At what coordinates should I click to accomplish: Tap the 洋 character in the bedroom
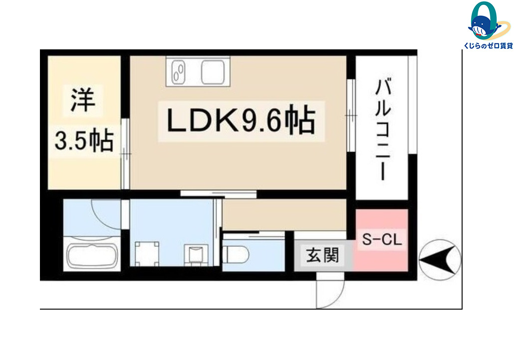(x=83, y=100)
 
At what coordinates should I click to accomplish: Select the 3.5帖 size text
(x=84, y=141)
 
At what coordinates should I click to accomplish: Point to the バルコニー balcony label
(x=383, y=130)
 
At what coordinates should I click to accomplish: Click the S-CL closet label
(x=382, y=239)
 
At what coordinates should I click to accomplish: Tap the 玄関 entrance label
(x=322, y=255)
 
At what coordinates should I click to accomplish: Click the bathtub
(x=92, y=255)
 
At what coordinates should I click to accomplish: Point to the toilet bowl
(x=236, y=254)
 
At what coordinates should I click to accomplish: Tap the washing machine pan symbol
(x=147, y=254)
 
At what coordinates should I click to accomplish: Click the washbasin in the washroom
(x=196, y=254)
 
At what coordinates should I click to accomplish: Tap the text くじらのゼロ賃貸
(x=488, y=46)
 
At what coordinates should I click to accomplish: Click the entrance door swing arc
(x=335, y=300)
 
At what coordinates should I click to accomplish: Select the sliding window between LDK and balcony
(x=351, y=115)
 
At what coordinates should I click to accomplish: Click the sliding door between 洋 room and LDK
(x=125, y=154)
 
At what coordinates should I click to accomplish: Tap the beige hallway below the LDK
(x=284, y=215)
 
